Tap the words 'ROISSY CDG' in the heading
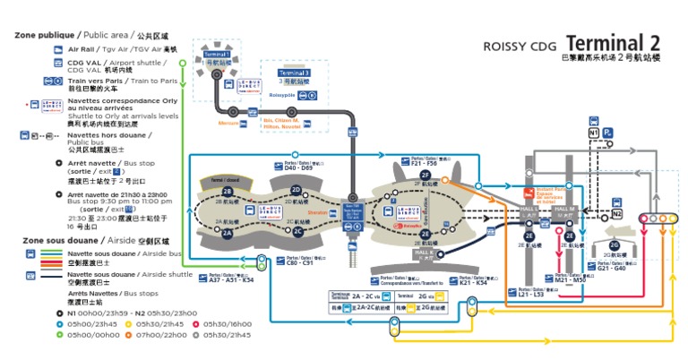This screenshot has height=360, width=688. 520,47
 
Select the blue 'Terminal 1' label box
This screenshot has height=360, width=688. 216,54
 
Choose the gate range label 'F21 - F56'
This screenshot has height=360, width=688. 423,165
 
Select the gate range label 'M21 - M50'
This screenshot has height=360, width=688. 571,279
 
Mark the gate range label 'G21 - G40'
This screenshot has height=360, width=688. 611,268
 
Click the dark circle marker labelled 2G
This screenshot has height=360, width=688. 615,244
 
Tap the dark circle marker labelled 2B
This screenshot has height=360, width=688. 228,192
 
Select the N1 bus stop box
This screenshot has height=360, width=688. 593,132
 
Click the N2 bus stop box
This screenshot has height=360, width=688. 617,215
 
